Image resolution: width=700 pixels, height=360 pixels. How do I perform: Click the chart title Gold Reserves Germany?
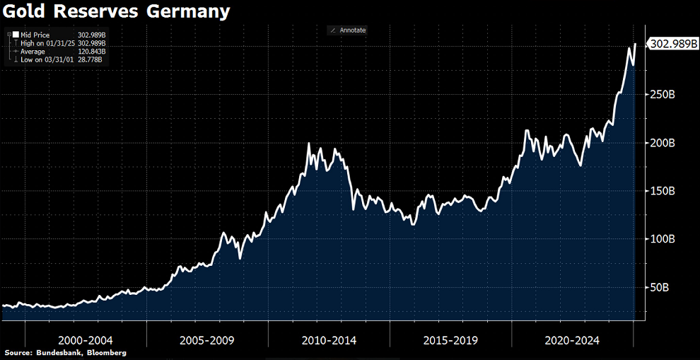117,12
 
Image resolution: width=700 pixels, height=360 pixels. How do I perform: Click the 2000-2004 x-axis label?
85,340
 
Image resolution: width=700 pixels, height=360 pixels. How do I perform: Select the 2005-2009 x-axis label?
207,340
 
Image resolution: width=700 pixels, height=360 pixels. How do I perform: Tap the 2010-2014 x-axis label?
329,340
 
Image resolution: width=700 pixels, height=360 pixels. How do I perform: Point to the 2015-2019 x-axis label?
450,340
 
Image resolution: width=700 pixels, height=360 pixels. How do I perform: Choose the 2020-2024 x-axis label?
572,340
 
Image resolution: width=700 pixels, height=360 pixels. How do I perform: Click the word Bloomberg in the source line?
104,352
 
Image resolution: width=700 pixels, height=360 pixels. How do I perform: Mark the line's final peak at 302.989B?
635,44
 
